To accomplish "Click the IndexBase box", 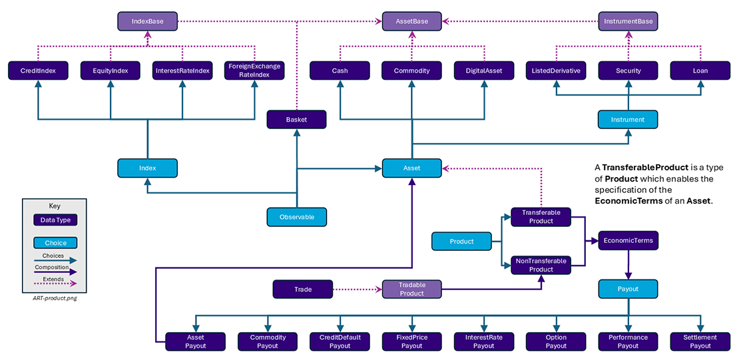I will pyautogui.click(x=147, y=21).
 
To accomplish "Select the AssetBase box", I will pyautogui.click(x=411, y=21).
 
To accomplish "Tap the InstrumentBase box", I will pyautogui.click(x=628, y=21).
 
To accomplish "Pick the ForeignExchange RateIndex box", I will pyautogui.click(x=254, y=71).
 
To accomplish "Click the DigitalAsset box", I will pyautogui.click(x=484, y=71).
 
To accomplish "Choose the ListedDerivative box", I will pyautogui.click(x=556, y=71).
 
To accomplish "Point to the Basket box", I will pyautogui.click(x=296, y=119).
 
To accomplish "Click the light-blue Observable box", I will pyautogui.click(x=296, y=217).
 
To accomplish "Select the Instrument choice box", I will pyautogui.click(x=628, y=119).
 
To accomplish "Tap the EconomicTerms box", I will pyautogui.click(x=628, y=240).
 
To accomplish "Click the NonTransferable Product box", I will pyautogui.click(x=541, y=265).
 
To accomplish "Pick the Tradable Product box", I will pyautogui.click(x=411, y=289).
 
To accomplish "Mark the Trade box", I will pyautogui.click(x=303, y=289).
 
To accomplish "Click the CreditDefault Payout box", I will pyautogui.click(x=340, y=341).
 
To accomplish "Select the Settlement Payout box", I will pyautogui.click(x=700, y=341).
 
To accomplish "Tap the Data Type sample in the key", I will pyautogui.click(x=55, y=220).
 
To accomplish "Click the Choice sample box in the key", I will pyautogui.click(x=55, y=243).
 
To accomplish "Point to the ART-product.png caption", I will pyautogui.click(x=55, y=298).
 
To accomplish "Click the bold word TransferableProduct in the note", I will pyautogui.click(x=645, y=167).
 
